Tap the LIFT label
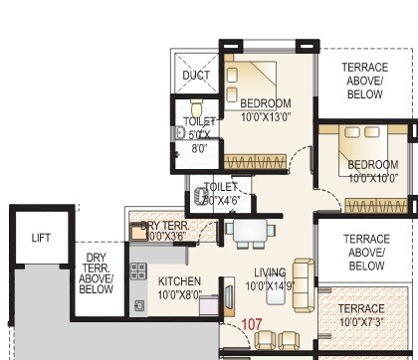click(41, 238)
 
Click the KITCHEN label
click(179, 281)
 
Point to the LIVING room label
click(270, 272)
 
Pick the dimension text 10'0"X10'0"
click(373, 178)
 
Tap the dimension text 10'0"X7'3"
click(367, 321)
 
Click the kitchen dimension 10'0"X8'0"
click(180, 295)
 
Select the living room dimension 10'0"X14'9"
click(270, 286)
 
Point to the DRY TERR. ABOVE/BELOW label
click(96, 273)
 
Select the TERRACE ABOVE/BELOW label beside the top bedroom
click(365, 80)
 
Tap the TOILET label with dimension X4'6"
click(221, 193)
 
